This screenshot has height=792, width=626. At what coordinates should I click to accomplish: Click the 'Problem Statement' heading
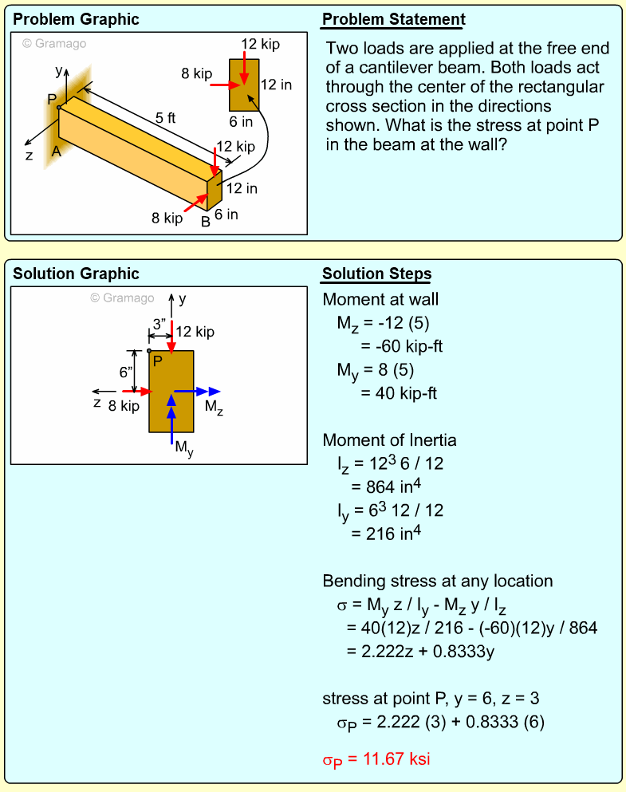pyautogui.click(x=394, y=20)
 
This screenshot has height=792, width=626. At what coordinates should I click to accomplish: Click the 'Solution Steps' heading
pyautogui.click(x=376, y=274)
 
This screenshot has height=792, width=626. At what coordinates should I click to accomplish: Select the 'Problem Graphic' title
pyautogui.click(x=76, y=20)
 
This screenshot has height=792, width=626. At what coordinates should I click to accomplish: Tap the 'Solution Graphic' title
pyautogui.click(x=76, y=274)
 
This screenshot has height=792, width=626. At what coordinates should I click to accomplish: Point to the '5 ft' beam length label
pyautogui.click(x=165, y=118)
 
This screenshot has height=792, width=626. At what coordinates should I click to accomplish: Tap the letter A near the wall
pyautogui.click(x=56, y=151)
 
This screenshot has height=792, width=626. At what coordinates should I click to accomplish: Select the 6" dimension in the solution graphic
pyautogui.click(x=126, y=372)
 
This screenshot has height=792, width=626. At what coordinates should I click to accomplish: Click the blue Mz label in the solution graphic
pyautogui.click(x=214, y=407)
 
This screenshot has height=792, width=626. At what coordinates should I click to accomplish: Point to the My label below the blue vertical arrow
pyautogui.click(x=184, y=449)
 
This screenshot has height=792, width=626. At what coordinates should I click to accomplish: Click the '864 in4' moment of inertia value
pyautogui.click(x=388, y=487)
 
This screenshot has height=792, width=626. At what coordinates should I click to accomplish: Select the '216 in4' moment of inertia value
pyautogui.click(x=388, y=533)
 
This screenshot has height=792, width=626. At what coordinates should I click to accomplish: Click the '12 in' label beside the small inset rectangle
pyautogui.click(x=276, y=85)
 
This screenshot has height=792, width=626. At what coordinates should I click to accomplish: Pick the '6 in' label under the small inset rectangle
pyautogui.click(x=241, y=122)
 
